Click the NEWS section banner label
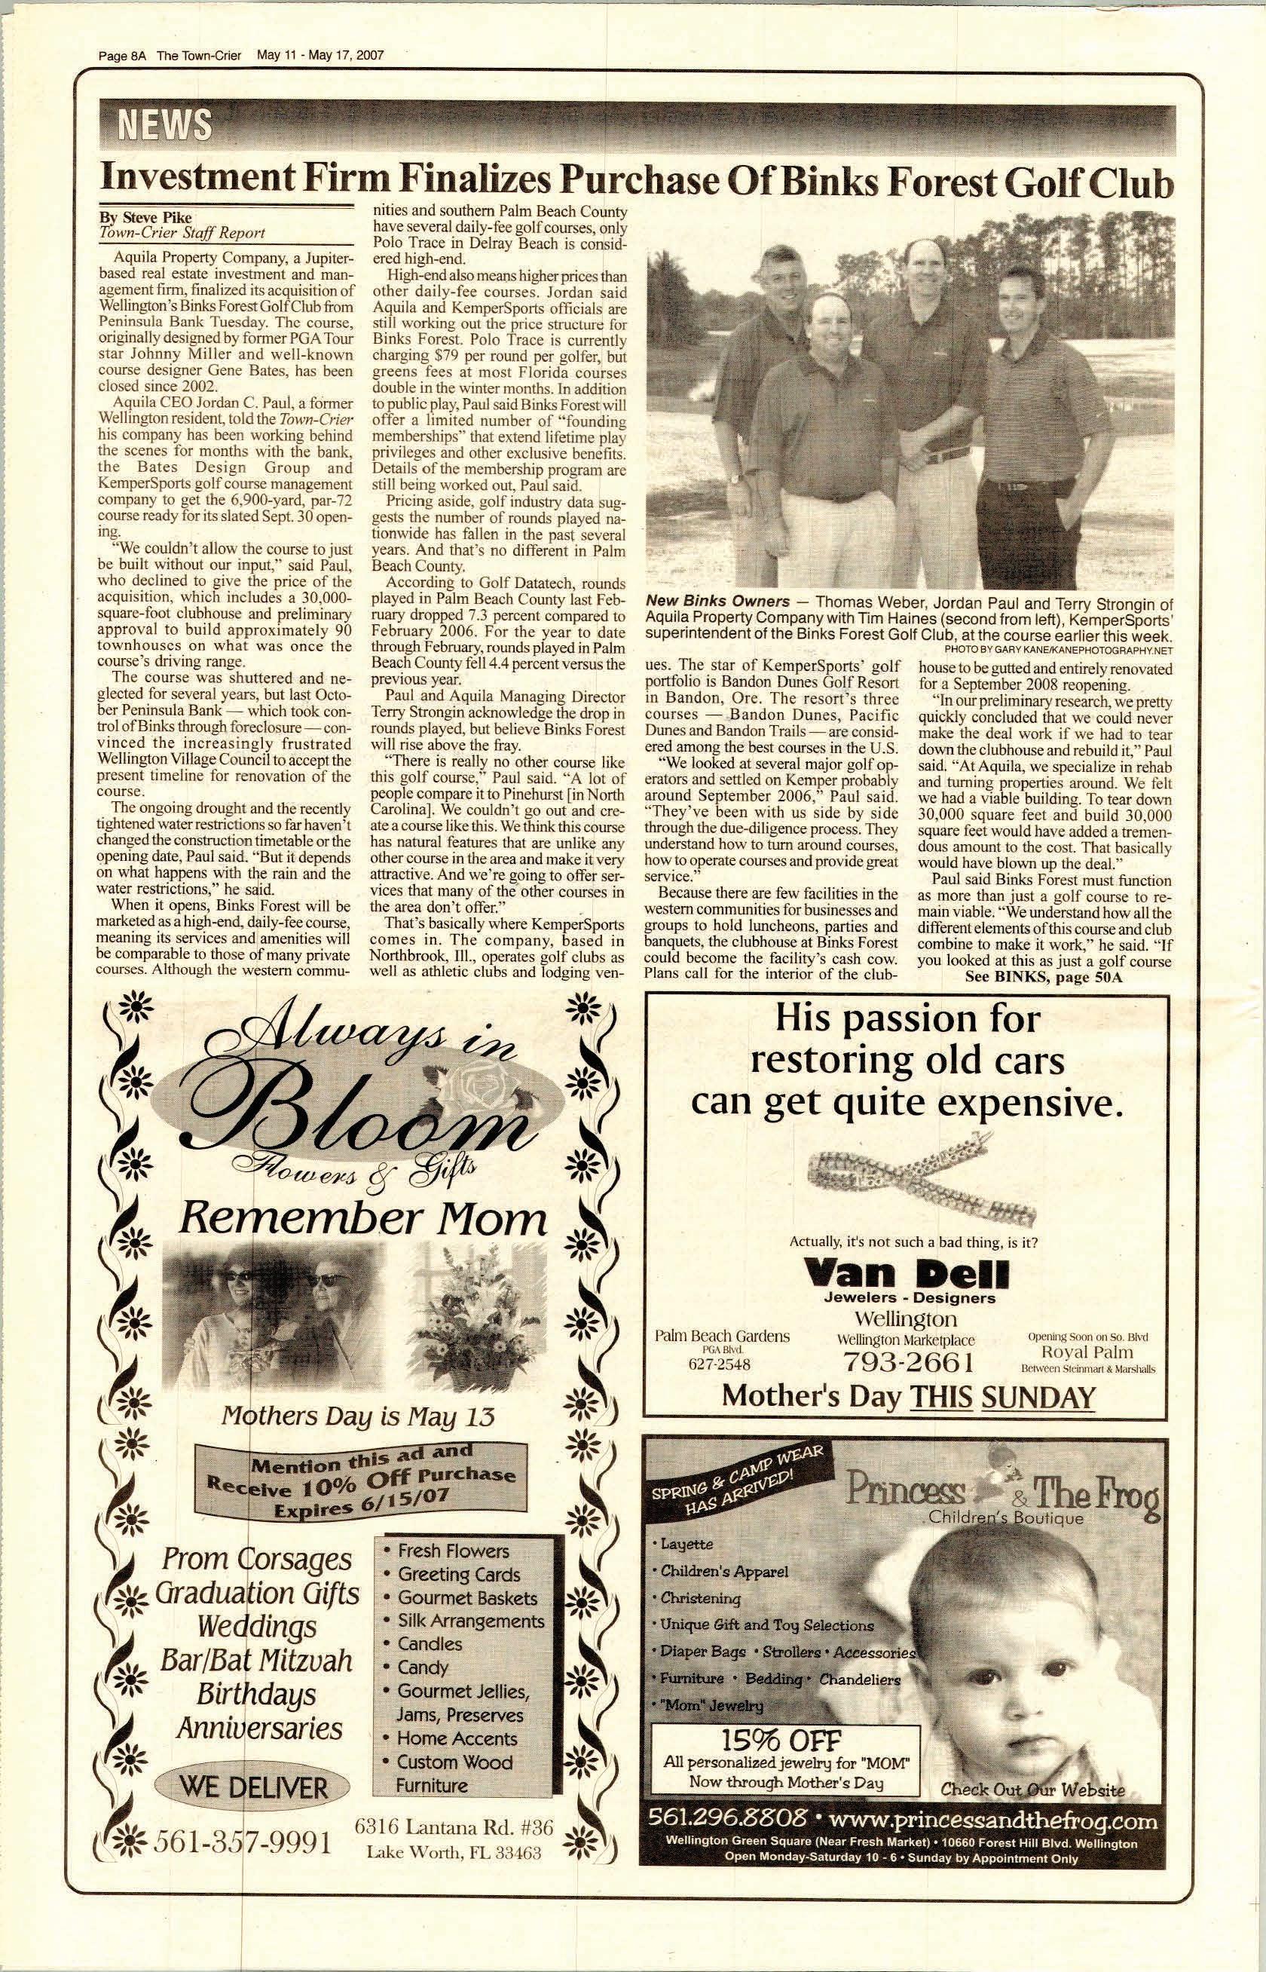coord(165,126)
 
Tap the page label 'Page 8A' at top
coord(121,56)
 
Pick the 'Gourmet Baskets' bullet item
coord(466,1597)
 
